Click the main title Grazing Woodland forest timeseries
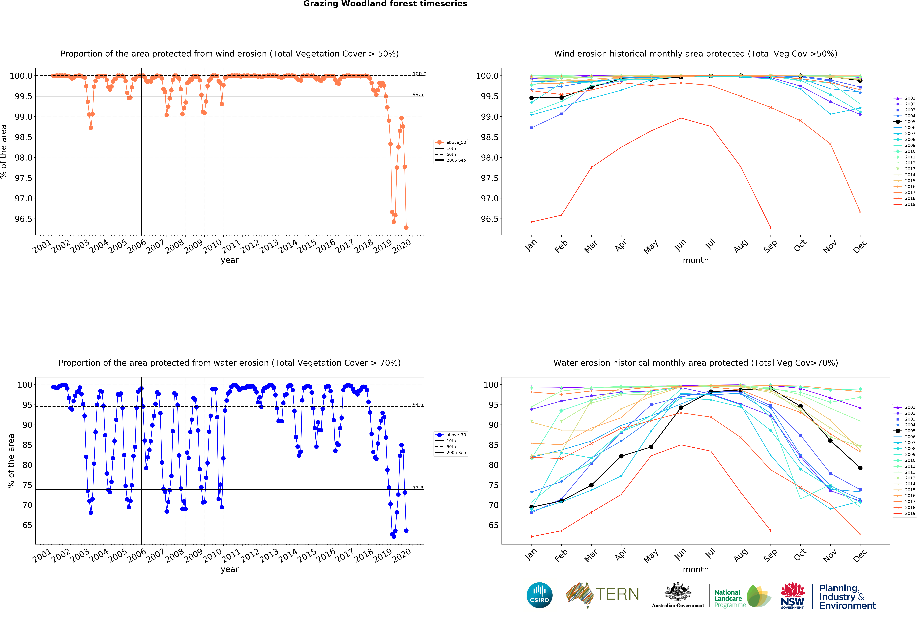click(385, 4)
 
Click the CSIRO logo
click(539, 595)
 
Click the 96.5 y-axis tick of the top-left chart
click(24, 219)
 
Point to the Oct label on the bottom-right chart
click(800, 555)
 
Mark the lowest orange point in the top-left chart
click(406, 227)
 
